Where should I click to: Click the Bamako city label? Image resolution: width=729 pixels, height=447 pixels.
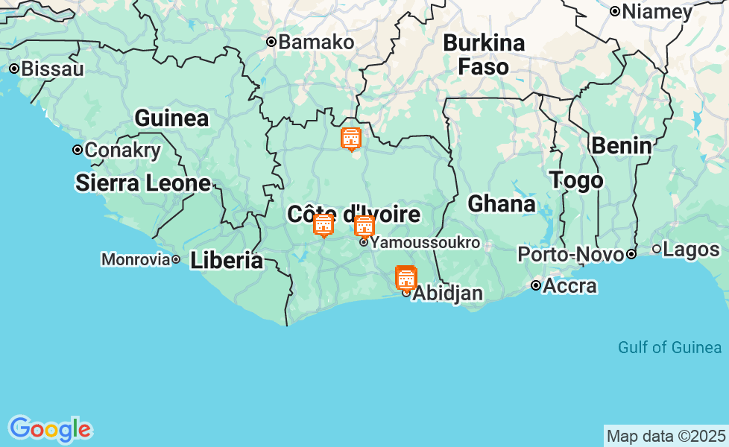[x=316, y=42]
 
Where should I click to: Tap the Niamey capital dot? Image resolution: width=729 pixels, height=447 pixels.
[x=615, y=11]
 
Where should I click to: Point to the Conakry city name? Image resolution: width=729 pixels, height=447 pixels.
[x=122, y=150]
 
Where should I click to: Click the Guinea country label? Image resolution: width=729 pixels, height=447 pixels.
[x=171, y=118]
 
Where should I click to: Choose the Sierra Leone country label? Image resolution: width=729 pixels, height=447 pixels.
[x=143, y=183]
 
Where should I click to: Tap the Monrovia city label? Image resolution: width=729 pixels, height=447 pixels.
[x=136, y=260]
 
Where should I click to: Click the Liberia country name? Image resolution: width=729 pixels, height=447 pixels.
[x=226, y=261]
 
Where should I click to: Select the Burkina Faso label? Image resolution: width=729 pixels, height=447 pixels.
[x=484, y=54]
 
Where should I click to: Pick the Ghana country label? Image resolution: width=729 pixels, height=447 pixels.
[x=501, y=204]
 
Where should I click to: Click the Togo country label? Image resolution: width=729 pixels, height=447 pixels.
[x=576, y=180]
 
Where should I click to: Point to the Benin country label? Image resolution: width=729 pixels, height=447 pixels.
[x=621, y=146]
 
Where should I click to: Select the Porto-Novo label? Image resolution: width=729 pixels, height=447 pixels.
[x=570, y=255]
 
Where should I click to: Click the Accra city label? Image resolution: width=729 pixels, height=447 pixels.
[x=569, y=286]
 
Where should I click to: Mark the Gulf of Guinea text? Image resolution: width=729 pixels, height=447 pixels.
[x=669, y=347]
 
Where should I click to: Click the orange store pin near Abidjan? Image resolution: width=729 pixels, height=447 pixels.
[x=405, y=278]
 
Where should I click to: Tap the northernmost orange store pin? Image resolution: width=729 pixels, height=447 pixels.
[x=350, y=139]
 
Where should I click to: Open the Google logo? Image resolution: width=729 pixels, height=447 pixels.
[x=50, y=429]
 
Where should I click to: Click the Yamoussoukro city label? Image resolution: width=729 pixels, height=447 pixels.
[x=425, y=243]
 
